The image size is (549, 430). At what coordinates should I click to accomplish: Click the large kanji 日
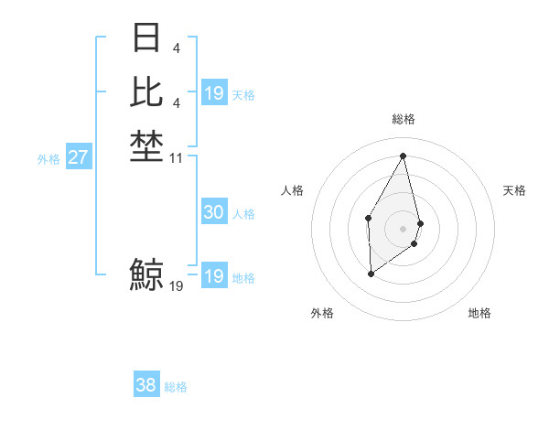146,38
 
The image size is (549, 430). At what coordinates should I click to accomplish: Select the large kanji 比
146,92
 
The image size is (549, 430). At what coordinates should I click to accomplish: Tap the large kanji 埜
146,146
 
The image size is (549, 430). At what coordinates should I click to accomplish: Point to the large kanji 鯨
146,274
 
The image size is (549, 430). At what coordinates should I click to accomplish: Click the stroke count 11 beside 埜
177,157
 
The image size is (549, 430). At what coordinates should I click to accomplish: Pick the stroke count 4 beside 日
176,48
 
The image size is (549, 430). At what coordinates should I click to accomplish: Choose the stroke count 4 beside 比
176,102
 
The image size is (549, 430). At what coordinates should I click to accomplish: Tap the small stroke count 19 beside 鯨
177,285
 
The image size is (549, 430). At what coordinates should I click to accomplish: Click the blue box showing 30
213,212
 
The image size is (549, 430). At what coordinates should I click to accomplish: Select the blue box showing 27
78,157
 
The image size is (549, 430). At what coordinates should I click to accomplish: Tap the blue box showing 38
145,385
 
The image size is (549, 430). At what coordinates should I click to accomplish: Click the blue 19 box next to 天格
213,93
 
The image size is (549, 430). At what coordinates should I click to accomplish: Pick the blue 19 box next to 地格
213,276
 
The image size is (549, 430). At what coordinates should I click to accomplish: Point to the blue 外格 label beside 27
48,158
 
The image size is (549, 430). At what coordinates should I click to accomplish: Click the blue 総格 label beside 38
176,387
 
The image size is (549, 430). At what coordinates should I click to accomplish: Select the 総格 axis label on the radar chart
403,119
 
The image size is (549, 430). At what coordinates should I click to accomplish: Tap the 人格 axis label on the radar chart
293,190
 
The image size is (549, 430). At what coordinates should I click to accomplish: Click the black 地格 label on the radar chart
479,313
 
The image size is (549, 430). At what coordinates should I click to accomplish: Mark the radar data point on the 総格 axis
403,156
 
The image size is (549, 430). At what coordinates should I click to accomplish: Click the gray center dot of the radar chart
403,227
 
